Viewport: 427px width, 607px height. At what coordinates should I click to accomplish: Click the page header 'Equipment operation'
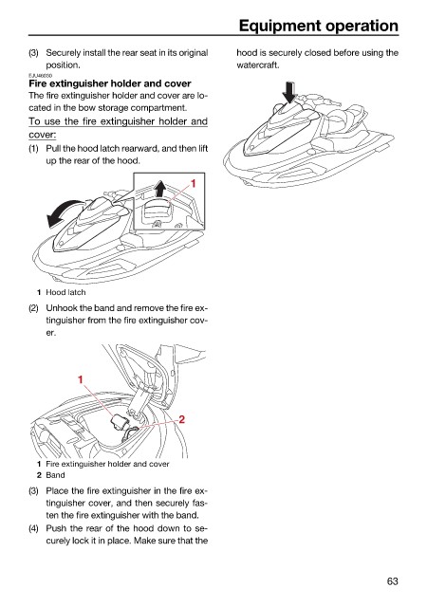point(319,26)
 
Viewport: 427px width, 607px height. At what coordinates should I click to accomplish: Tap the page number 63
point(392,581)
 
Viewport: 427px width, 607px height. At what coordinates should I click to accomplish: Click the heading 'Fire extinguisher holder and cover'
point(110,83)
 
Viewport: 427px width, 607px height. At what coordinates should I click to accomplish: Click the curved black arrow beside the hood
point(62,212)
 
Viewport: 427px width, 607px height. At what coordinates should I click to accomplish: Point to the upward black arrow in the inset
point(159,190)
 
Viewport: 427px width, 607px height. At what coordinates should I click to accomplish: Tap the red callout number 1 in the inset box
point(193,183)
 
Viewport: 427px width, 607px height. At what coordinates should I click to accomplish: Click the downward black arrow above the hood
point(289,92)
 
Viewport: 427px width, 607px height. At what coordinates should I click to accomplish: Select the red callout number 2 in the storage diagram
point(181,419)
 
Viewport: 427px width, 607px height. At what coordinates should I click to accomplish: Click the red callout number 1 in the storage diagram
point(81,379)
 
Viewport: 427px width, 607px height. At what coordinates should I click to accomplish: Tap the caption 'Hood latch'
point(65,292)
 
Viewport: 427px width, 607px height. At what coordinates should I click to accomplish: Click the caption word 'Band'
point(55,475)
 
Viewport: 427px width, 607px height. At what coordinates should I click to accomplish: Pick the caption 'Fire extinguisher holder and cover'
point(108,464)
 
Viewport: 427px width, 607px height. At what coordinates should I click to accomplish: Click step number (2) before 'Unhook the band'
point(34,308)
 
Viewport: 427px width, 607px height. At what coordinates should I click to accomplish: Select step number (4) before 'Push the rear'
point(34,528)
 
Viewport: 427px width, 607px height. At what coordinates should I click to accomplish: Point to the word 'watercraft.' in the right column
point(258,65)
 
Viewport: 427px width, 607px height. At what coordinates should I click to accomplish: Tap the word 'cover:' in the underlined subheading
point(43,135)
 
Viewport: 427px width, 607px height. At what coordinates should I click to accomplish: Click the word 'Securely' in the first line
point(64,53)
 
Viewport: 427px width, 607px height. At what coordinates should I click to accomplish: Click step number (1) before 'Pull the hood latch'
point(34,149)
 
